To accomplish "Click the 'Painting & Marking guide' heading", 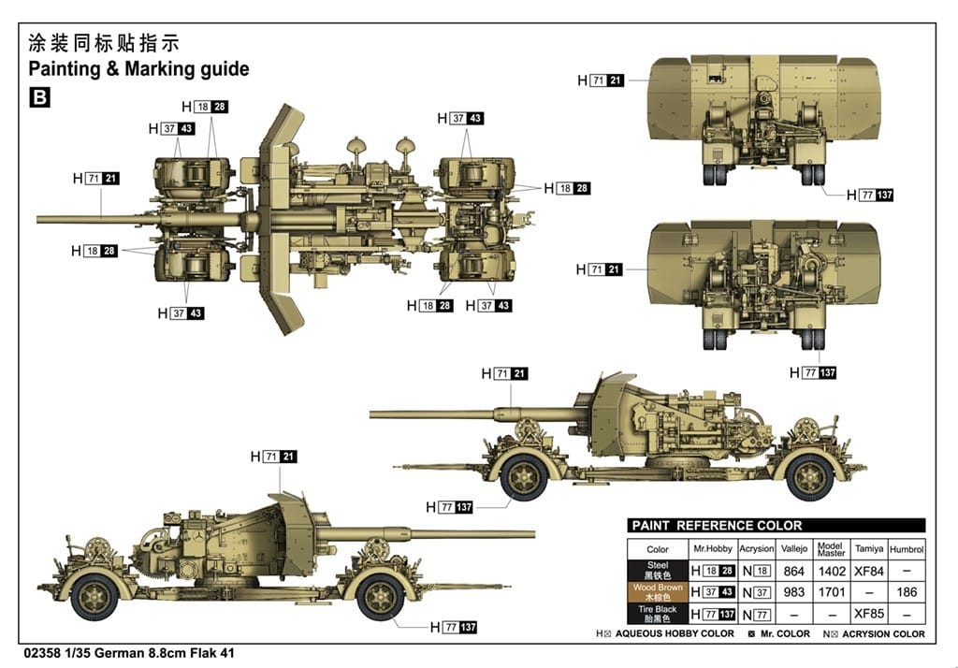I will tap(138, 69).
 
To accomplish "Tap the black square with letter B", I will tap(39, 96).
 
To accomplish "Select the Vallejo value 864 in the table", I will tap(794, 571).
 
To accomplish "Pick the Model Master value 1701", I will tap(831, 592).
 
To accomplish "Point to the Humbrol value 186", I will tap(906, 592).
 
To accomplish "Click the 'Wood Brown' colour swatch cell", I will tap(658, 592).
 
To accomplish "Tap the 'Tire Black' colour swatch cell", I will tap(658, 614).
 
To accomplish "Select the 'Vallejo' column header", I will tap(794, 549).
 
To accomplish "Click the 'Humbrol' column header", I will tap(906, 549).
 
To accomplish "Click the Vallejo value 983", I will tap(794, 592).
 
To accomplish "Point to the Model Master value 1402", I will tap(831, 571).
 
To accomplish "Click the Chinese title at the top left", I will tap(103, 43).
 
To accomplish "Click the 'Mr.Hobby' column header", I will tap(712, 549).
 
